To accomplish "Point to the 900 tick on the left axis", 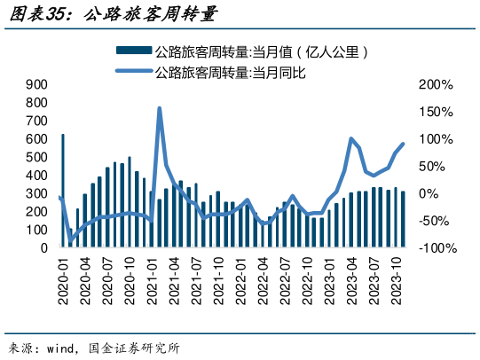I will click(36, 84).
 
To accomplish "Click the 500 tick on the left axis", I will click(36, 157).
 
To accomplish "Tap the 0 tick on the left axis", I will click(43, 248).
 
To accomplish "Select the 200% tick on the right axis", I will click(436, 84).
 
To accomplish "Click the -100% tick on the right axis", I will click(436, 248).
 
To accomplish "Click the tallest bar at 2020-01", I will click(63, 191).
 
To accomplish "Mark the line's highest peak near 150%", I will click(159, 108).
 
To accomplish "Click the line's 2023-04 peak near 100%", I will click(351, 139).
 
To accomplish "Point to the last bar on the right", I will click(403, 220).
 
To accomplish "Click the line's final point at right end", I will click(404, 144).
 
